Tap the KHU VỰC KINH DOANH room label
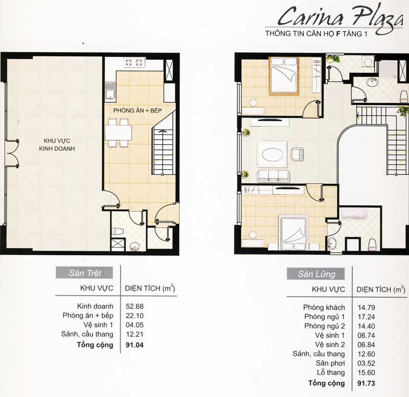(x=57, y=145)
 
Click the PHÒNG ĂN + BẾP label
(x=138, y=111)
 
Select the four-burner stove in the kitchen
(x=134, y=62)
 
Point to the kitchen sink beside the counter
(x=110, y=91)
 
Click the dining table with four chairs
(x=119, y=133)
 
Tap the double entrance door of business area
(x=12, y=153)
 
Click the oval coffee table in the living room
(x=272, y=155)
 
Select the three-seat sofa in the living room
(x=274, y=175)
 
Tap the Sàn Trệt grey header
(x=84, y=273)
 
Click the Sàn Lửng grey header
(x=315, y=274)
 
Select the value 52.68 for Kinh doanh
(x=134, y=306)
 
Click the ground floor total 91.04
(x=134, y=345)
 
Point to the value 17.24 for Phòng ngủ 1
(x=366, y=317)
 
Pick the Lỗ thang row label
(x=331, y=372)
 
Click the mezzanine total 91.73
(x=366, y=383)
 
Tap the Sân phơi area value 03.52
(x=366, y=363)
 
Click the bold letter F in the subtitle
(x=338, y=34)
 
